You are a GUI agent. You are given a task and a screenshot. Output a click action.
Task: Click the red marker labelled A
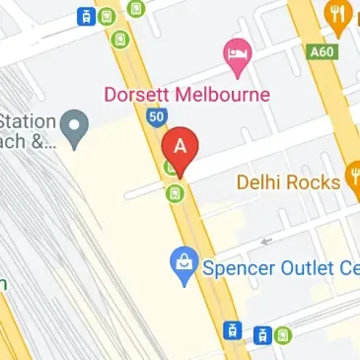(180, 147)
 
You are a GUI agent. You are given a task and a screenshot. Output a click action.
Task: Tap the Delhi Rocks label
(287, 182)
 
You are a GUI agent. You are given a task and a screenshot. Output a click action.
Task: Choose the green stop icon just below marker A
(175, 192)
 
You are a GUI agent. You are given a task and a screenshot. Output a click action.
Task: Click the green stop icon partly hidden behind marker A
(173, 168)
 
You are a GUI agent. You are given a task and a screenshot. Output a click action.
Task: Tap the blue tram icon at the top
(87, 16)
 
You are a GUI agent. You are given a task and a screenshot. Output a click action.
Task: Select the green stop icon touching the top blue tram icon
(105, 16)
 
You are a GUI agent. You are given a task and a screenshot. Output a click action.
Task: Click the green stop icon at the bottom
(283, 334)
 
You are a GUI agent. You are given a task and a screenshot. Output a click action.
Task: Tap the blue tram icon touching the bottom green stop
(263, 335)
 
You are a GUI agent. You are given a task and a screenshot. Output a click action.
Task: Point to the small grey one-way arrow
(262, 240)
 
